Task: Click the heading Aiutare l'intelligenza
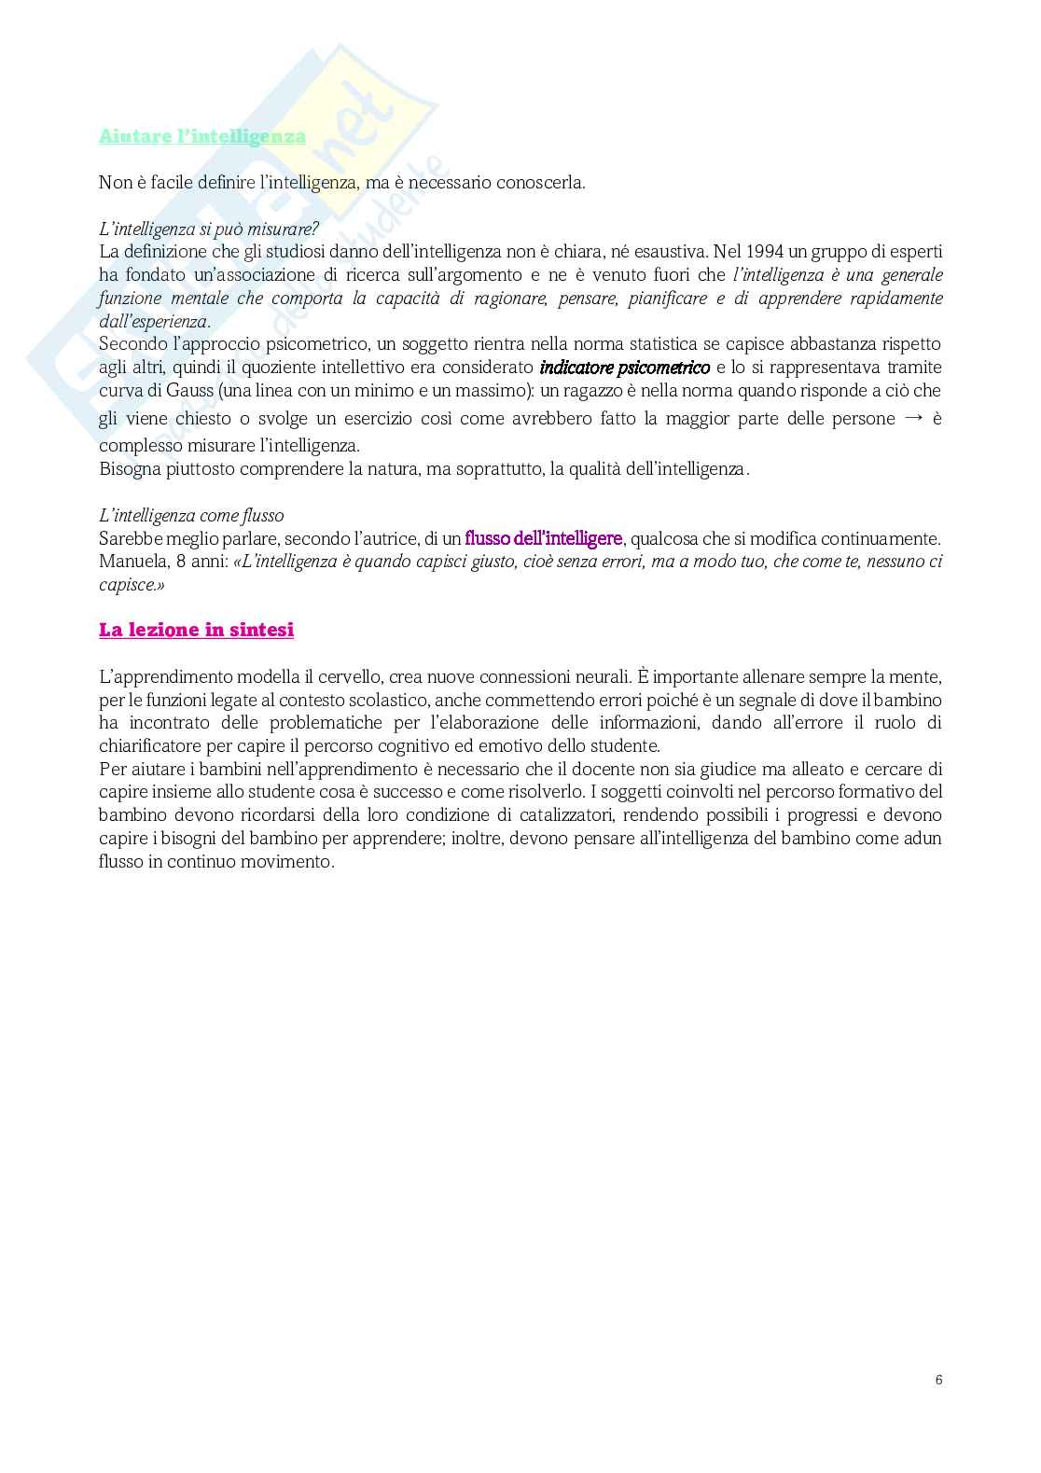[202, 136]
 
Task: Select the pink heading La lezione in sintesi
[196, 630]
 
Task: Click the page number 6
[938, 1380]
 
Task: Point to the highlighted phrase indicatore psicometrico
[625, 368]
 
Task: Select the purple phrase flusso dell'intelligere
[544, 538]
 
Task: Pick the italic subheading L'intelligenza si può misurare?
[209, 229]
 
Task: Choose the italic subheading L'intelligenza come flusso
[191, 516]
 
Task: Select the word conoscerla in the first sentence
[537, 183]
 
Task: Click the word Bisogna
[129, 469]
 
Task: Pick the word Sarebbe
[130, 538]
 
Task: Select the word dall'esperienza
[153, 322]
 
